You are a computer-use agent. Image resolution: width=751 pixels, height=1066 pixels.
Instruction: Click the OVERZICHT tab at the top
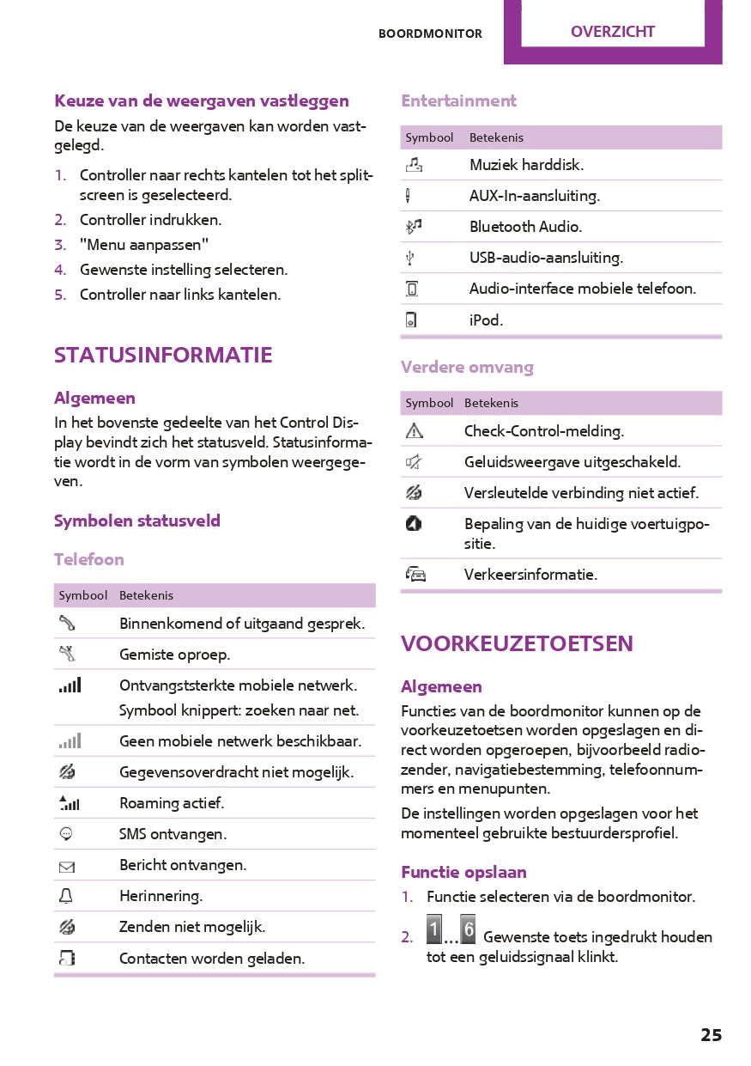(x=612, y=32)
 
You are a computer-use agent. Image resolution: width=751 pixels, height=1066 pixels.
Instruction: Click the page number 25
(x=711, y=1035)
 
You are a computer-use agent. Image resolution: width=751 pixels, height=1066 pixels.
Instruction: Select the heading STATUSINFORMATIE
(x=163, y=355)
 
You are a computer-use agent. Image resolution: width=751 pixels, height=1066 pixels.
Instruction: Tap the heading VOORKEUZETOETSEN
(x=517, y=643)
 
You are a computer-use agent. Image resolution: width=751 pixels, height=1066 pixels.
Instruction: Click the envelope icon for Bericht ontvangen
(x=67, y=867)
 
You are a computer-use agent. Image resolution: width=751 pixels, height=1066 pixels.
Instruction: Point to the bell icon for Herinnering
(x=67, y=896)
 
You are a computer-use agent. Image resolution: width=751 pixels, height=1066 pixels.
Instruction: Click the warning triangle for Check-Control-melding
(x=414, y=431)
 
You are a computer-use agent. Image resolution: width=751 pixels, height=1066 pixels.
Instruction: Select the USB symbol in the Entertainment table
(x=412, y=258)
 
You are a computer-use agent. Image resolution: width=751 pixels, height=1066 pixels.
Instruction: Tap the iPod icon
(x=412, y=320)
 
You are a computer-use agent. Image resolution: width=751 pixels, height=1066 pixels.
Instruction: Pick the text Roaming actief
(x=172, y=803)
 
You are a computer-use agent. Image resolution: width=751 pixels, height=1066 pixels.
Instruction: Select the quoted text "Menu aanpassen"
(x=144, y=245)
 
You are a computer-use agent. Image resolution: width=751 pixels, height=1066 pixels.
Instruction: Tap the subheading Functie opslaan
(x=463, y=872)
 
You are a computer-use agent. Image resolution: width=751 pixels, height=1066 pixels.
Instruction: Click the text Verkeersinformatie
(x=530, y=575)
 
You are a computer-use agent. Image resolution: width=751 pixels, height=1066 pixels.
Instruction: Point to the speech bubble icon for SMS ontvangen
(x=67, y=834)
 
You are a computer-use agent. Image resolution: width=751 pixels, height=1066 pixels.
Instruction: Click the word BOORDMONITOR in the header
(x=430, y=34)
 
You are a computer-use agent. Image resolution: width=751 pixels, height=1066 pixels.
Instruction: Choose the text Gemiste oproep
(x=174, y=655)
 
